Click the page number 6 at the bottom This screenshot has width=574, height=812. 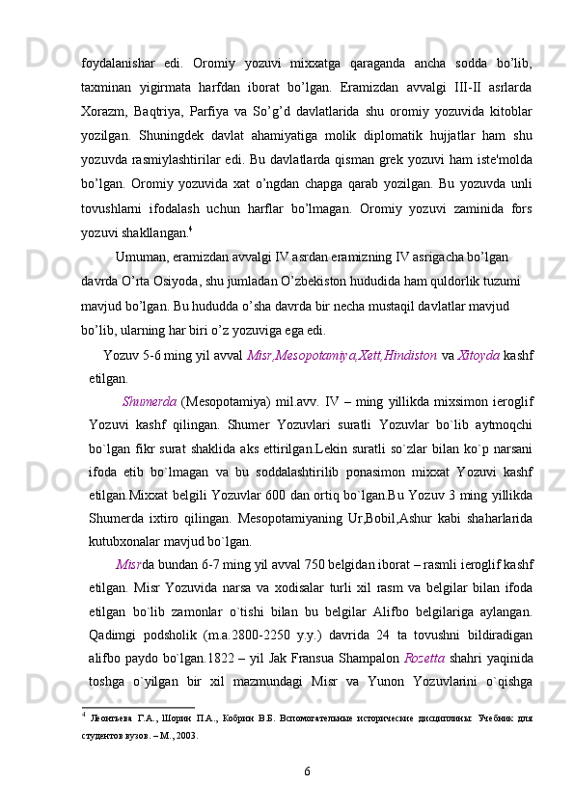[x=307, y=772]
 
